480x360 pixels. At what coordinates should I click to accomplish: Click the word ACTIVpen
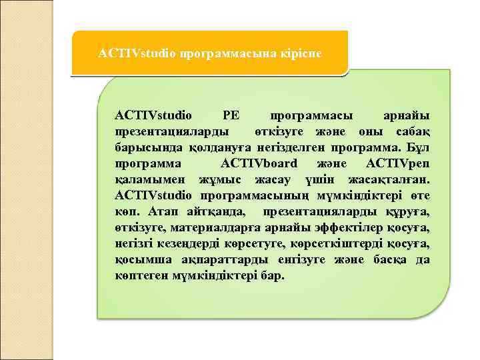(398, 164)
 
